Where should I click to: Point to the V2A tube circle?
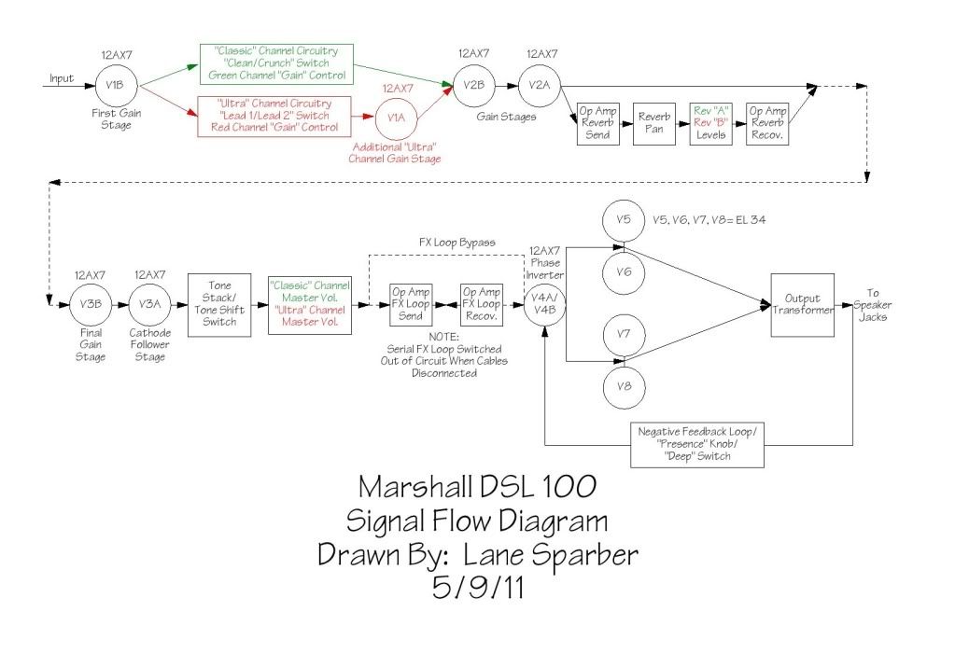click(539, 85)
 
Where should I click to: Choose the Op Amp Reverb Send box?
click(596, 123)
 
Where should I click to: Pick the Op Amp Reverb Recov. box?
click(767, 123)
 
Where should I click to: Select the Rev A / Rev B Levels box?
click(710, 123)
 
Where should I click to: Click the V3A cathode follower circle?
click(148, 304)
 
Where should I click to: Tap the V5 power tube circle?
click(624, 220)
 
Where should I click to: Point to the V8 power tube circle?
click(624, 385)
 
